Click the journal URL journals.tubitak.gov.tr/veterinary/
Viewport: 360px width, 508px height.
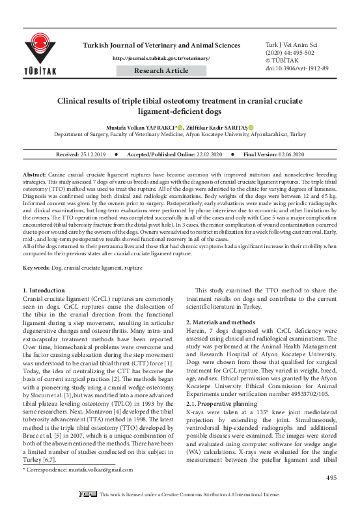click(161, 59)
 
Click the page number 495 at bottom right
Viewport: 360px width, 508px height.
click(331, 479)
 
